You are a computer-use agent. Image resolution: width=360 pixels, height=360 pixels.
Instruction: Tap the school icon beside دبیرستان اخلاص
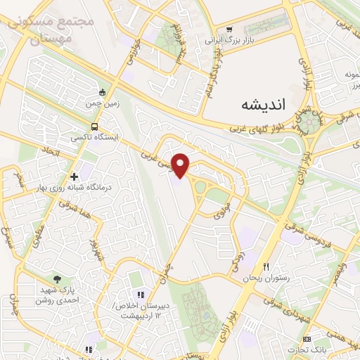(x=139, y=294)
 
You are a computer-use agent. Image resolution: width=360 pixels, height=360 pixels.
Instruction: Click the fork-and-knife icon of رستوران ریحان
(x=266, y=267)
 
